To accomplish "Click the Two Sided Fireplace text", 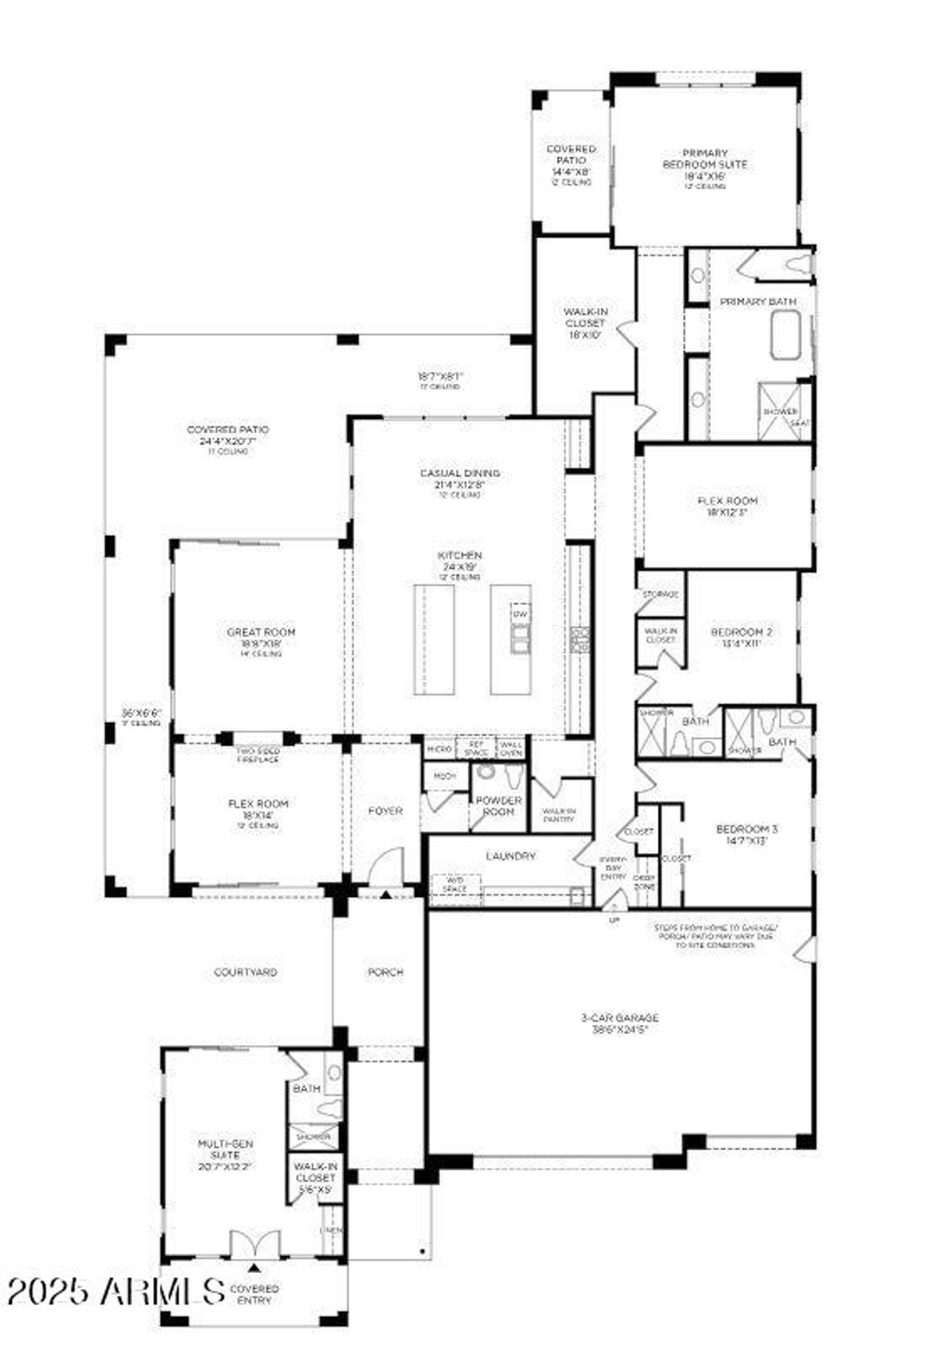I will click(x=258, y=755).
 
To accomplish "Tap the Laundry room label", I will click(x=511, y=856).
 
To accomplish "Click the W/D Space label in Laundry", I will click(x=455, y=883).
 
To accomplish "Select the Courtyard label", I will click(x=245, y=973).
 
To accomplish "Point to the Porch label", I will click(x=385, y=973).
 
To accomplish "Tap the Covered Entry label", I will click(x=254, y=1294).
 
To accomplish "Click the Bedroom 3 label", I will click(x=747, y=834).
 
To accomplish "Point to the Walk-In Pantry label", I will click(x=559, y=814).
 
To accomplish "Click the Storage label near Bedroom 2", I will click(x=660, y=594).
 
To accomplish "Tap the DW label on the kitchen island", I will click(x=520, y=615).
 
